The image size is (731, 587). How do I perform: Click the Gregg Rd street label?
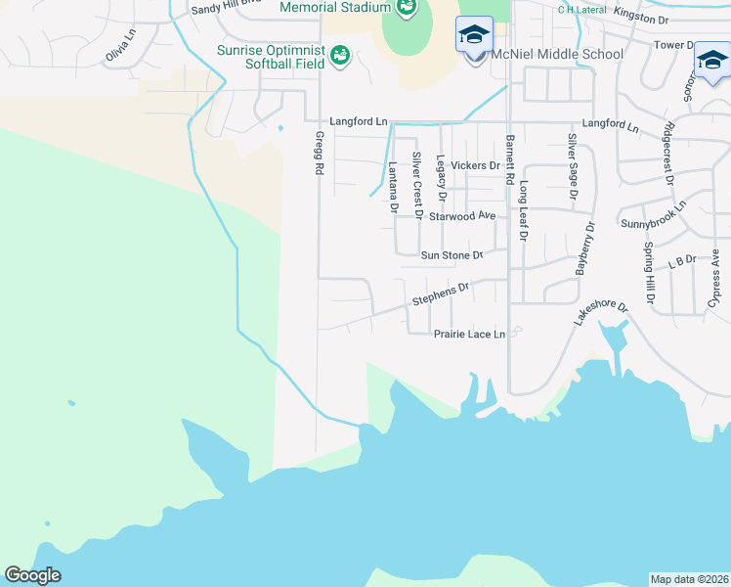click(320, 155)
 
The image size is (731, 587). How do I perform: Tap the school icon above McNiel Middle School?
click(475, 35)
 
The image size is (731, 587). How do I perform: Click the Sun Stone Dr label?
click(451, 255)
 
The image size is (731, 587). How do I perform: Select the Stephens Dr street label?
click(441, 291)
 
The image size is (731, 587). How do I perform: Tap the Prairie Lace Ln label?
click(469, 334)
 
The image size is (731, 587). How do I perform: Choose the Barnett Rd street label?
click(509, 160)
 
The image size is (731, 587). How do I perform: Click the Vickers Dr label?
click(481, 165)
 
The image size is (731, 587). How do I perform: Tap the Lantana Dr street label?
click(394, 187)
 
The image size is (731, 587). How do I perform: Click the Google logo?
click(32, 575)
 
